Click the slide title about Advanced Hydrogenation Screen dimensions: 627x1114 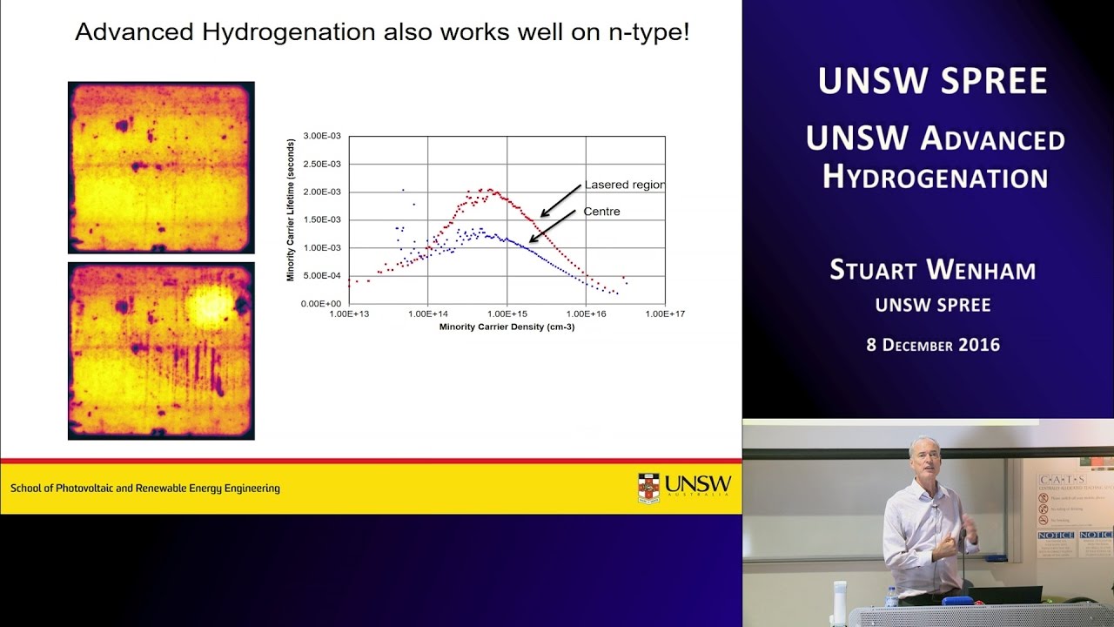pyautogui.click(x=382, y=32)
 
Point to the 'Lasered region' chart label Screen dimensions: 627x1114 pyautogui.click(x=624, y=185)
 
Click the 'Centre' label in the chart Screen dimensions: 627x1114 pyautogui.click(x=601, y=212)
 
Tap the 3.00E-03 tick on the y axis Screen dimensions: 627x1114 pyautogui.click(x=322, y=137)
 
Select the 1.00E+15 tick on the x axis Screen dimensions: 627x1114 pyautogui.click(x=507, y=313)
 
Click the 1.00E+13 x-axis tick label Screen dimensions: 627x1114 pyautogui.click(x=349, y=313)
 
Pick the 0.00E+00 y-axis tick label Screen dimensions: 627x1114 pyautogui.click(x=322, y=304)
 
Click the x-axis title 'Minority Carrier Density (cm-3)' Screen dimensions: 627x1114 pyautogui.click(x=507, y=327)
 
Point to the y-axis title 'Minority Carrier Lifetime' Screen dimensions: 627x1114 pyautogui.click(x=292, y=210)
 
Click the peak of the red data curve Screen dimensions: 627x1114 pyautogui.click(x=490, y=190)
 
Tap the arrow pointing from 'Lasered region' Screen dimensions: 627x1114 pyautogui.click(x=560, y=199)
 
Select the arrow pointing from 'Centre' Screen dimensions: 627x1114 pyautogui.click(x=553, y=226)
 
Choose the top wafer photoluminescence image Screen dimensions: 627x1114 pyautogui.click(x=161, y=167)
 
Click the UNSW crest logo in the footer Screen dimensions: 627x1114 pyautogui.click(x=648, y=488)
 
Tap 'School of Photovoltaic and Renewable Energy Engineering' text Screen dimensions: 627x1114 pyautogui.click(x=145, y=489)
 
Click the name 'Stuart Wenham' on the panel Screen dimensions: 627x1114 pyautogui.click(x=932, y=270)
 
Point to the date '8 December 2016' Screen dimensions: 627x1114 pyautogui.click(x=932, y=345)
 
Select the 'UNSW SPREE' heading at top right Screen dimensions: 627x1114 pyautogui.click(x=932, y=81)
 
